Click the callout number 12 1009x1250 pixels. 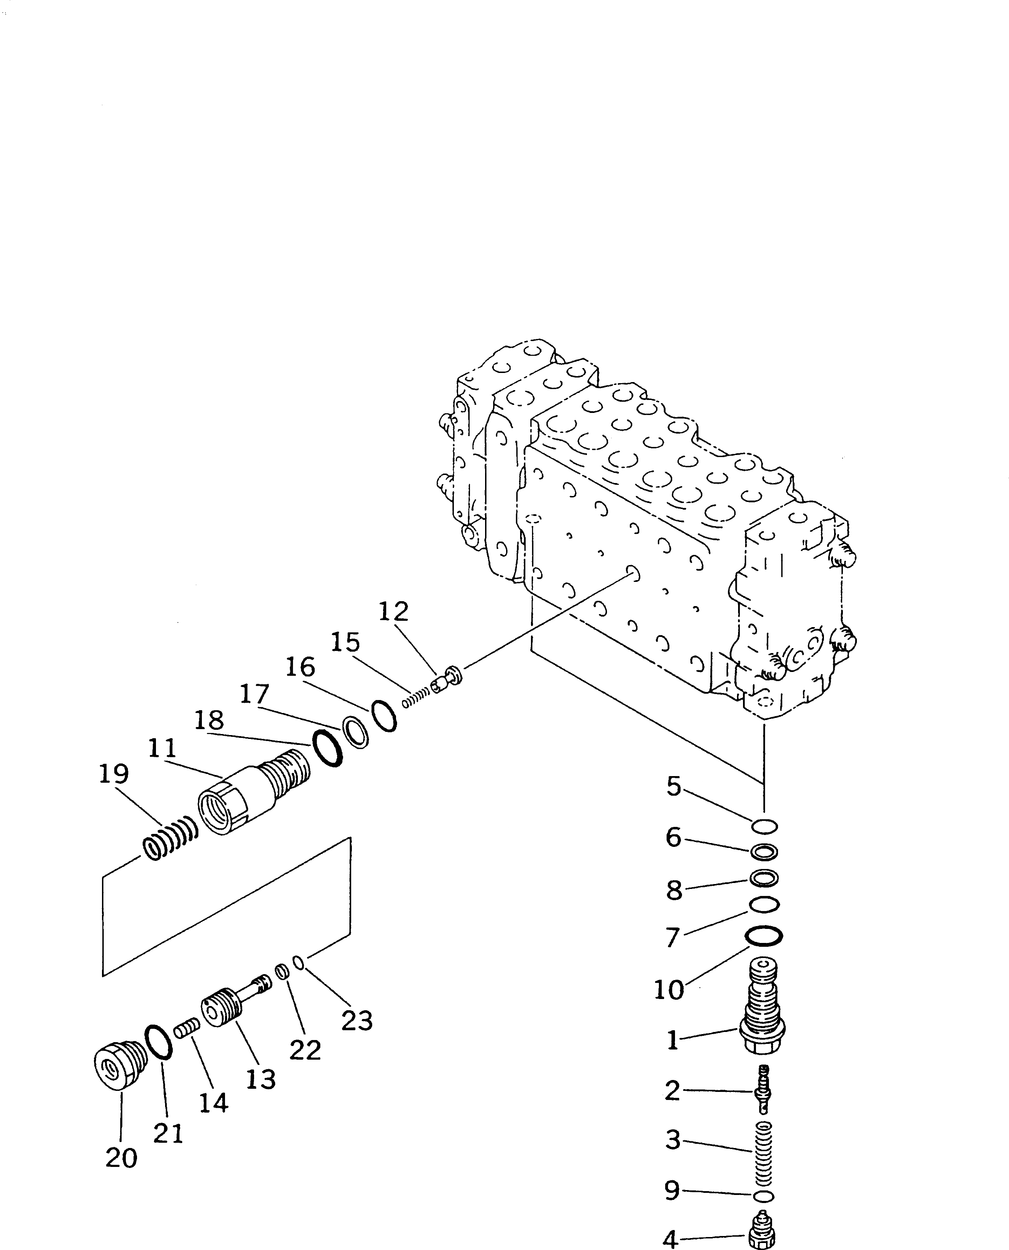394,612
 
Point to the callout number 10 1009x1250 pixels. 669,990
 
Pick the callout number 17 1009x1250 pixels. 254,694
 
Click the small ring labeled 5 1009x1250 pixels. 764,826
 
